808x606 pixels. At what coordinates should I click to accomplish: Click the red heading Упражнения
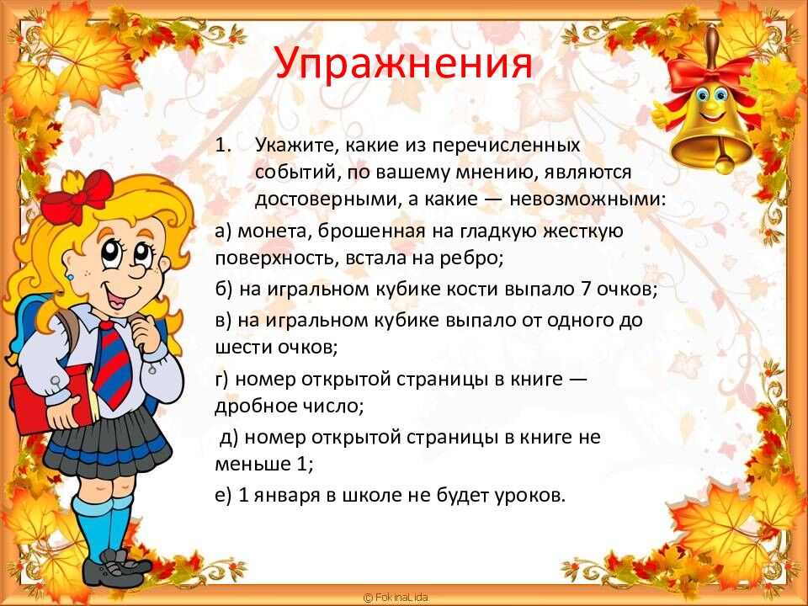[403, 63]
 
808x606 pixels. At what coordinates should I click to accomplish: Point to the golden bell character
[711, 114]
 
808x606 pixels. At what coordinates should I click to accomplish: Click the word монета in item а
[269, 230]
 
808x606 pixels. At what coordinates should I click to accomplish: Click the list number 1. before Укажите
[223, 144]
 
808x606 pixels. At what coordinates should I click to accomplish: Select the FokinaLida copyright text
[396, 597]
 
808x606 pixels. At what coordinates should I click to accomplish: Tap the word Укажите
[295, 144]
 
